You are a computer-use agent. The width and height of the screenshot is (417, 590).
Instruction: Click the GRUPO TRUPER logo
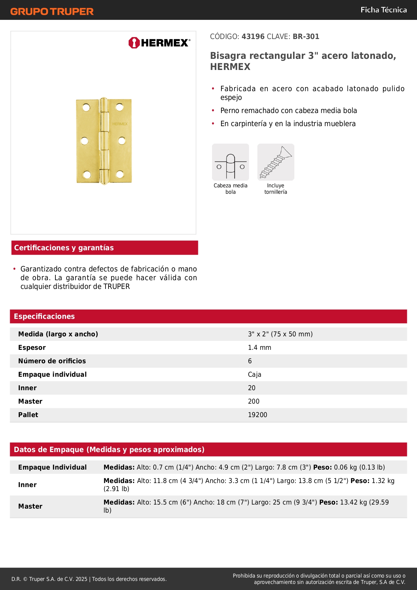coord(52,11)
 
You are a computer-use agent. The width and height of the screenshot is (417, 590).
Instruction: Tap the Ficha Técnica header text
coord(383,10)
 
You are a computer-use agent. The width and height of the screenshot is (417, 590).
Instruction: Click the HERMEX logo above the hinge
coord(159,43)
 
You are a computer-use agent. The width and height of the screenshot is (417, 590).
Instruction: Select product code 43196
coord(253,37)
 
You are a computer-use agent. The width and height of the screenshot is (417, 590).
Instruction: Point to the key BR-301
coord(306,37)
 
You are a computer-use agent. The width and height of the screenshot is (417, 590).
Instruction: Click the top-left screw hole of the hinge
coord(86,107)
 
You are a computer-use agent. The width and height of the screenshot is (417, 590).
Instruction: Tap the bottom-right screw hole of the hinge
coord(120,174)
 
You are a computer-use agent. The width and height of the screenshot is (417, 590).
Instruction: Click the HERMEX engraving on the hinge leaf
coord(120,124)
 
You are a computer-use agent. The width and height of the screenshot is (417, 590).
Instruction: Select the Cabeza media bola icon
coord(231,162)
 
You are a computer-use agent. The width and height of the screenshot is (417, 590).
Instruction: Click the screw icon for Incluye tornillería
coord(276,162)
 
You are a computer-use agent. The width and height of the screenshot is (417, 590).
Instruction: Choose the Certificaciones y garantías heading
coord(64,248)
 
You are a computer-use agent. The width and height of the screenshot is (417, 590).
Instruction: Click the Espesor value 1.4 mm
coord(259,348)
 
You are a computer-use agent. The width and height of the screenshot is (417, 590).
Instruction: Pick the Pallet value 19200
coord(257,415)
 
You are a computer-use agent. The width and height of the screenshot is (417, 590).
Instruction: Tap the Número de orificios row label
coord(52,361)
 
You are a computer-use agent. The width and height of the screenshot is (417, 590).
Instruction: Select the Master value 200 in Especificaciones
coord(254,402)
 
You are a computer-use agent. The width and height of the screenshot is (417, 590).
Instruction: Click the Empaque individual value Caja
coord(254,375)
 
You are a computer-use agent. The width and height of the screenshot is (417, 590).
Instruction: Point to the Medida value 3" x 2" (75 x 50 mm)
coord(280,334)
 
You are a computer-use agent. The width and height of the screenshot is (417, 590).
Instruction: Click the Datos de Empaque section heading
coord(109,450)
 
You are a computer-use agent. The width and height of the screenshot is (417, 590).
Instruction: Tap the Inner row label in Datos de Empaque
coord(28,485)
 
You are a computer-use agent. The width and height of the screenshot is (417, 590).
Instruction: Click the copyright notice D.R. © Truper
coord(89,579)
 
